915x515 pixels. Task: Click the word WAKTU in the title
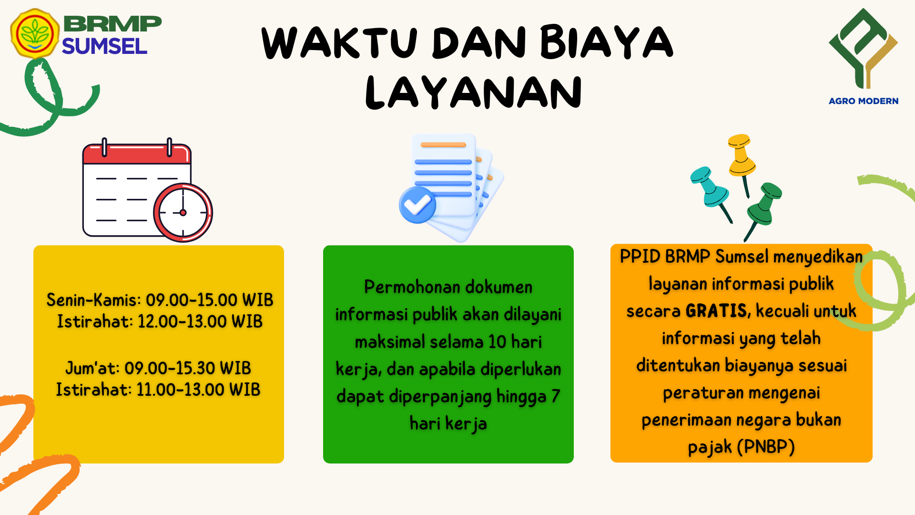click(340, 42)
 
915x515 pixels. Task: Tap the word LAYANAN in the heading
click(473, 93)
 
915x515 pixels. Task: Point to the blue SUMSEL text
click(104, 46)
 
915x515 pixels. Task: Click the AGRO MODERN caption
click(863, 101)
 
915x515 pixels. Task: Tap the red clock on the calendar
click(183, 213)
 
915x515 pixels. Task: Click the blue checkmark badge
click(417, 205)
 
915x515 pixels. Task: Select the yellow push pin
click(741, 160)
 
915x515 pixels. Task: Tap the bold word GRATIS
click(716, 311)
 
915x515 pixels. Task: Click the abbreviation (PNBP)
click(766, 447)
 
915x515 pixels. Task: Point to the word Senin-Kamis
click(93, 300)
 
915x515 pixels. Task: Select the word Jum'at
click(92, 368)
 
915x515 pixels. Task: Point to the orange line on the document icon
click(443, 144)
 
